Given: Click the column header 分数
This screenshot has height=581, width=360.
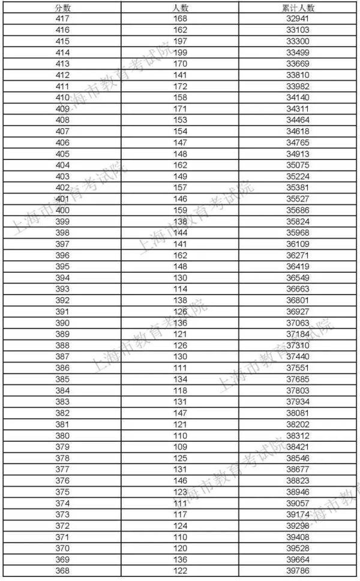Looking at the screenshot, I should click(62, 7).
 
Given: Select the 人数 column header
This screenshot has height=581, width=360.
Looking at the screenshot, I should click(180, 7).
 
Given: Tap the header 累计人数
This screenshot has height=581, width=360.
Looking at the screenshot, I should click(298, 7).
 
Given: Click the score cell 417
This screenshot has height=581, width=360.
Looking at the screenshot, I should click(62, 19).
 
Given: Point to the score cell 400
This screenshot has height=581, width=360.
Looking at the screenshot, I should click(62, 210).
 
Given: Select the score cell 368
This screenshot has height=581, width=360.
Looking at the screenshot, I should click(62, 571).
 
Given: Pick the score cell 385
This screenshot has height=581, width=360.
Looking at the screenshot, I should click(62, 379).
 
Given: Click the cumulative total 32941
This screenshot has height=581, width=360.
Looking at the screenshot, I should click(298, 19).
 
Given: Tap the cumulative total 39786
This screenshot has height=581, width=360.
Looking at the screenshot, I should click(298, 571).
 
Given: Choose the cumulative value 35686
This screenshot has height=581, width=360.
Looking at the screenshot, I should click(298, 210).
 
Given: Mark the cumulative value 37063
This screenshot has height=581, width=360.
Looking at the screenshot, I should click(298, 323).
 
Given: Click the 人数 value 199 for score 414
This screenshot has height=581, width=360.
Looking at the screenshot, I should click(180, 52).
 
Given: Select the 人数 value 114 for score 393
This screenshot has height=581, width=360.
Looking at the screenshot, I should click(180, 289).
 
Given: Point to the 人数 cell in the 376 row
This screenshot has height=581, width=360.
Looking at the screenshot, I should click(180, 480).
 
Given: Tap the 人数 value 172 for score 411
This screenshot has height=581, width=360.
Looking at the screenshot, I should click(180, 86).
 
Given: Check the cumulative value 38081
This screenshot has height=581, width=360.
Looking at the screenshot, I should click(298, 413).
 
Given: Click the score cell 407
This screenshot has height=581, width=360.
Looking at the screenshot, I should click(62, 131).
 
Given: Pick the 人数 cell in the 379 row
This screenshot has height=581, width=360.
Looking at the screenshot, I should click(180, 447).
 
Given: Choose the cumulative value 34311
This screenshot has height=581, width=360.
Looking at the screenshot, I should click(298, 109).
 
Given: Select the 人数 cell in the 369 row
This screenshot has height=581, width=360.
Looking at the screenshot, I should click(180, 559).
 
